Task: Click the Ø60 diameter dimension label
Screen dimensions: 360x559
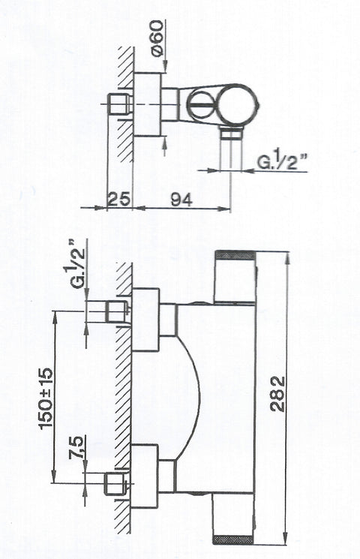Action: tap(157, 38)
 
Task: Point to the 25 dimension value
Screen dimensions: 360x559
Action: tap(118, 199)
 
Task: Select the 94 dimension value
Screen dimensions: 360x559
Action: tap(181, 200)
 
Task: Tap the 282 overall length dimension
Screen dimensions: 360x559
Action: tap(278, 394)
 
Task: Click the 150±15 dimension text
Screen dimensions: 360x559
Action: tap(46, 398)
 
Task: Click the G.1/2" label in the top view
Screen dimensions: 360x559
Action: tap(283, 162)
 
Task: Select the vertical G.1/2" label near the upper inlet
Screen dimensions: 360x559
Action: tap(79, 263)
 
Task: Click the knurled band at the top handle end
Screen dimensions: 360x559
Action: tap(235, 255)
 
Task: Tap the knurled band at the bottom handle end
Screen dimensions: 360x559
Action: tap(234, 539)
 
